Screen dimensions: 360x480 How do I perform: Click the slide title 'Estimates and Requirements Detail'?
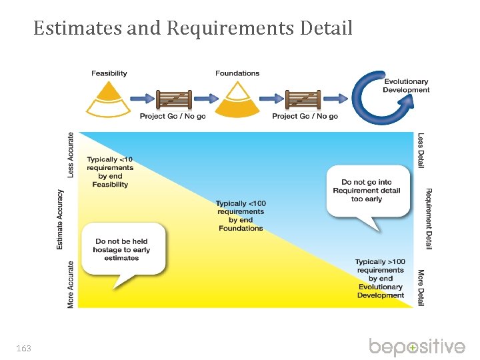click(x=193, y=29)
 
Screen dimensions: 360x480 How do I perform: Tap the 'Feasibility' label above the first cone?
click(x=109, y=73)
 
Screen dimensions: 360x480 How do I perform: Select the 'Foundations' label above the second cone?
click(x=237, y=73)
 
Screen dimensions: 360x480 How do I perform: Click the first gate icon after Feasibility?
click(x=173, y=99)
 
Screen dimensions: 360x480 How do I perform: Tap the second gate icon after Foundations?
click(x=304, y=99)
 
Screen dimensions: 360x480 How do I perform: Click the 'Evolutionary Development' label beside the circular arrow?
click(x=406, y=86)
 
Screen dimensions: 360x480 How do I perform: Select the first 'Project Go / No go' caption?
click(x=173, y=117)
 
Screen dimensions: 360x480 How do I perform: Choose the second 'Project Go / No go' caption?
click(x=305, y=117)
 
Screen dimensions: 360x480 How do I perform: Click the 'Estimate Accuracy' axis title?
click(x=60, y=219)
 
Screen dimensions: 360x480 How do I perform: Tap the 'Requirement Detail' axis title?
click(x=429, y=219)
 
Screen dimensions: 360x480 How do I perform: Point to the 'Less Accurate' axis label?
click(x=71, y=154)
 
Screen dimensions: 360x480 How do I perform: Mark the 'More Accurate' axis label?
click(x=71, y=284)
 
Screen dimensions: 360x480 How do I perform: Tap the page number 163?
click(x=24, y=349)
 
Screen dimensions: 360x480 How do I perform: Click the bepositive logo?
click(x=417, y=347)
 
